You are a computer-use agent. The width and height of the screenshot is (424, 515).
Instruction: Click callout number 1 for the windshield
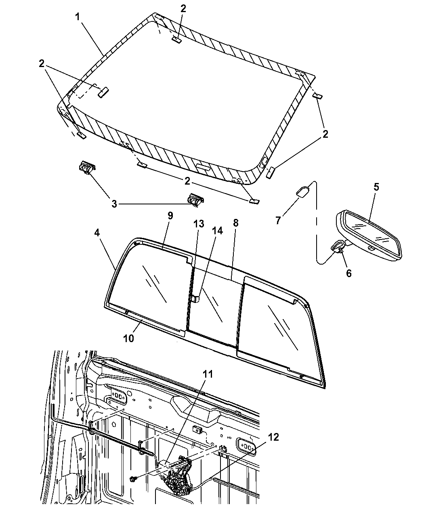click(78, 17)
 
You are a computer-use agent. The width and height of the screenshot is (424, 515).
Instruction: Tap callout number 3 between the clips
click(114, 204)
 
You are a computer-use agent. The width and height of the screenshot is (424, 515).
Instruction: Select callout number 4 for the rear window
click(97, 233)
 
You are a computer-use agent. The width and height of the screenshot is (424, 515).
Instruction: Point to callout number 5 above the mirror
click(376, 187)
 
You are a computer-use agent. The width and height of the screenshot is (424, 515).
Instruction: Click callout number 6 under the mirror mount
click(348, 273)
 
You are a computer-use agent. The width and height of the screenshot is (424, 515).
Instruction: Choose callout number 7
click(278, 220)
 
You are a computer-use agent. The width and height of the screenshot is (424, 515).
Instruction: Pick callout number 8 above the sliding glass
click(235, 223)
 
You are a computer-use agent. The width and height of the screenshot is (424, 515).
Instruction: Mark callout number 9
click(170, 216)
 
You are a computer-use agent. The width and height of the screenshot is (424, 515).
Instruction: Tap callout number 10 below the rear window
click(128, 338)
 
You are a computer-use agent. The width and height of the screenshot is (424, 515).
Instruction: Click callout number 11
click(208, 374)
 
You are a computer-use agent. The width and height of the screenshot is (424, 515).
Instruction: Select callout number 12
click(273, 437)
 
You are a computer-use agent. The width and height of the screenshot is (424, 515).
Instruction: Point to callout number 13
click(199, 224)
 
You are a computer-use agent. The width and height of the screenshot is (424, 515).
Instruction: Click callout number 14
click(217, 231)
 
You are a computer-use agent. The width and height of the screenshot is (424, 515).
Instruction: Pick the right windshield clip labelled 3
click(196, 200)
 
